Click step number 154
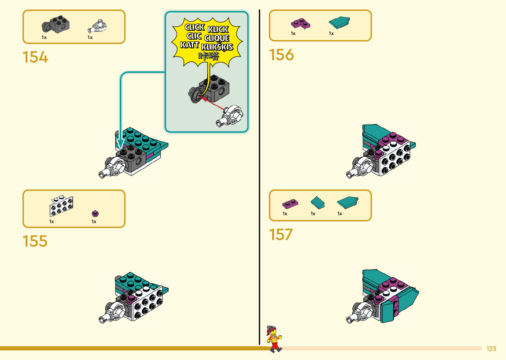(35, 57)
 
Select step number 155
(35, 241)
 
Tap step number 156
(281, 55)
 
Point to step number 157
(281, 235)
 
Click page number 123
(491, 349)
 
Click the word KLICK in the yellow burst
(218, 29)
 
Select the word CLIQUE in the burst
(217, 38)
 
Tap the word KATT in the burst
(189, 45)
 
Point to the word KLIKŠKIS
(217, 47)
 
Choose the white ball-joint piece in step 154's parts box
(97, 26)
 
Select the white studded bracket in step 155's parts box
(61, 206)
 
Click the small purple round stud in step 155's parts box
(95, 214)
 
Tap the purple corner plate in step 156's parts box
(300, 23)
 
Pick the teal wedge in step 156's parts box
(339, 23)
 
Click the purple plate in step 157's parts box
(290, 204)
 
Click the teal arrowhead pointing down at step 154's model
(120, 144)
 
